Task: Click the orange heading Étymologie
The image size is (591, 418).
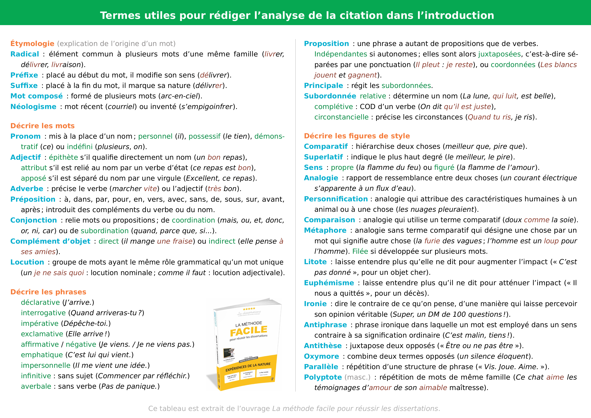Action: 32,43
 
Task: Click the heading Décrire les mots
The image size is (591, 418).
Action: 42,126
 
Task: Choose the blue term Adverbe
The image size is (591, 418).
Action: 27,189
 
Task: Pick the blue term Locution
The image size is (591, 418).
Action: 27,262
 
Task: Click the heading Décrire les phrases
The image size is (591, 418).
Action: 48,292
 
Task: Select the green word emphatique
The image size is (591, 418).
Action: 42,355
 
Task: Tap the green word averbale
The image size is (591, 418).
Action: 36,386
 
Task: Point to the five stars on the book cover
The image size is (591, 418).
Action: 249,309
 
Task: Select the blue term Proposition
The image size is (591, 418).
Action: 326,43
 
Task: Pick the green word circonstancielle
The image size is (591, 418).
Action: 341,117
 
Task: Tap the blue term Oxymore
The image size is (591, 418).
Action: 321,356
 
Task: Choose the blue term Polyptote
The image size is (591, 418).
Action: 323,377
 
